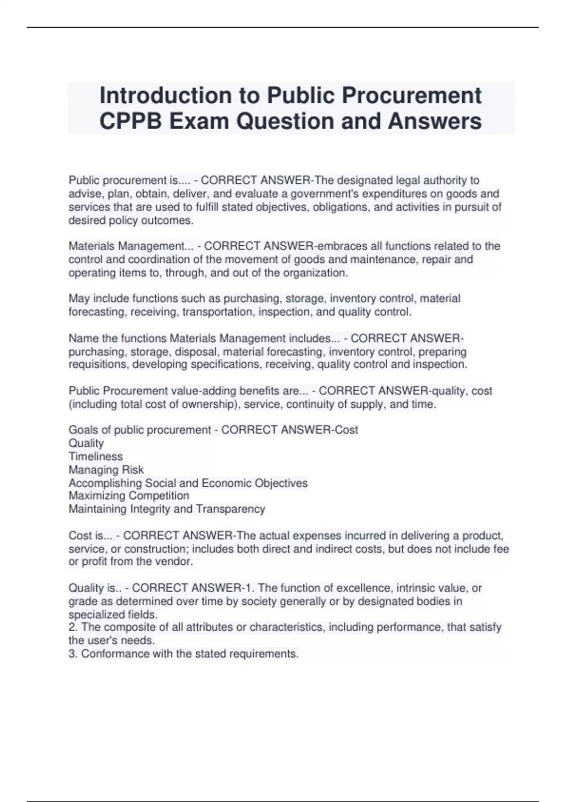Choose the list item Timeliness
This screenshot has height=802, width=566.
[x=96, y=457]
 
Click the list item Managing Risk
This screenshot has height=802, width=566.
[x=106, y=470]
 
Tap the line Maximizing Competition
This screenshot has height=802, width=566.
[x=129, y=496]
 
